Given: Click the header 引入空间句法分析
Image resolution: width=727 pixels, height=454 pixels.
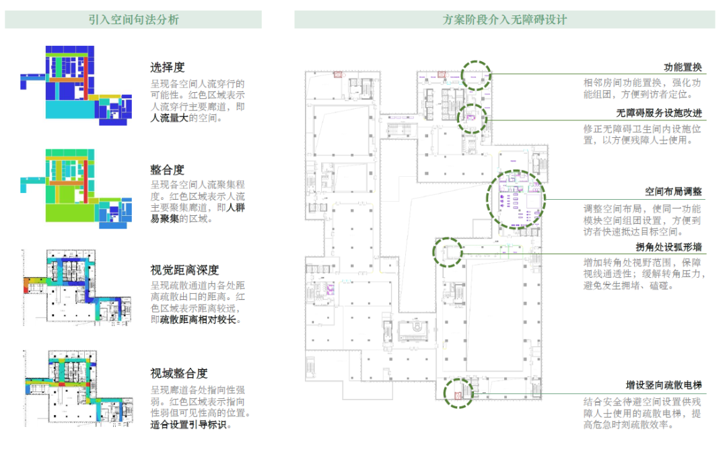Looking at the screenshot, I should click(x=133, y=20).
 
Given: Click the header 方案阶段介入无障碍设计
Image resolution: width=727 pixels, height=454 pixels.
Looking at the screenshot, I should click(x=505, y=20).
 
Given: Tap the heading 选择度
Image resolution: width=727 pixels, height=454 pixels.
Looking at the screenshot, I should click(x=167, y=67).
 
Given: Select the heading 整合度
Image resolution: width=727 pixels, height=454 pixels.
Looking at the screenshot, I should click(x=167, y=170).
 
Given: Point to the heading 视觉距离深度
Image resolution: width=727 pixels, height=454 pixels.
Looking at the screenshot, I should click(x=184, y=270).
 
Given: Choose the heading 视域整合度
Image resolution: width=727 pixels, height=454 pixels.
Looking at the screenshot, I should click(x=178, y=373).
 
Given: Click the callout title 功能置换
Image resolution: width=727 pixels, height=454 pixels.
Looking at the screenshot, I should click(x=683, y=67).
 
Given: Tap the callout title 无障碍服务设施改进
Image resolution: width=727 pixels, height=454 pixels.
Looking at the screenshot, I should click(x=659, y=113).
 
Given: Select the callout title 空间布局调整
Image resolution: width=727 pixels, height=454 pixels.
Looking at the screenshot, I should click(x=673, y=191).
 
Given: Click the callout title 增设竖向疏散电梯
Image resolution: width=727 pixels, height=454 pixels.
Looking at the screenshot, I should click(x=664, y=385).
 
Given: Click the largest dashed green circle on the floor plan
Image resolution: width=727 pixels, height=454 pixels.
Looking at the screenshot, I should click(x=515, y=200).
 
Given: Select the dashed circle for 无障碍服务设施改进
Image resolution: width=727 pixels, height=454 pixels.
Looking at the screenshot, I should click(x=471, y=118).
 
